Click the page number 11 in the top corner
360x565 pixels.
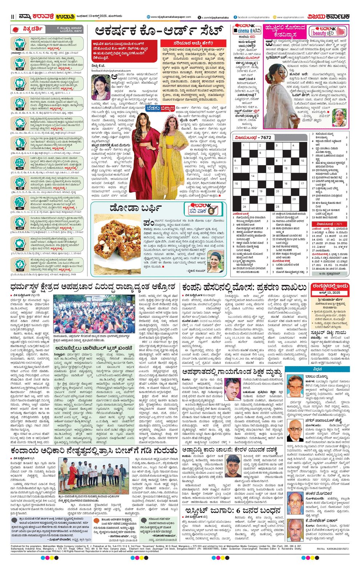coord(12,17)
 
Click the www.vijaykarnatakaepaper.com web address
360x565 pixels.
coord(171,17)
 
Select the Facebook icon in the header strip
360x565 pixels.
coord(235,17)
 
